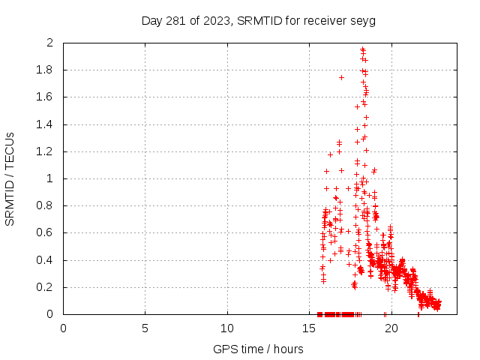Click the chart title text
(259, 20)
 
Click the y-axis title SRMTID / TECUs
(10, 179)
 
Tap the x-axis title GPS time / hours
(259, 349)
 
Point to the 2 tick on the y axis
(49, 43)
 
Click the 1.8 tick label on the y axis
(46, 70)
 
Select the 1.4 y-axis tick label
(46, 124)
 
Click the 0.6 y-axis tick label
(46, 233)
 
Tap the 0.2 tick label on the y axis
(46, 287)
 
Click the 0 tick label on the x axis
(63, 328)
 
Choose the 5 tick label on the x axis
(145, 328)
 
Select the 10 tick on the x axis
(227, 328)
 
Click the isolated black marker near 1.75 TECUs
(341, 77)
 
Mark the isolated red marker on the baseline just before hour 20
(385, 314)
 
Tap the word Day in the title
(151, 20)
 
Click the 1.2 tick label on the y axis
(46, 151)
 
